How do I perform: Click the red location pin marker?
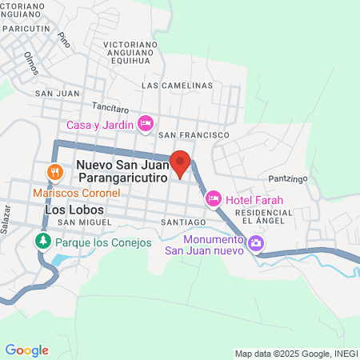[181, 163]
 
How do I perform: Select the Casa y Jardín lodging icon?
[146, 124]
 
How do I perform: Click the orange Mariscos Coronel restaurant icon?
[54, 172]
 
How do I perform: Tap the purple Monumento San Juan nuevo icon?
[256, 242]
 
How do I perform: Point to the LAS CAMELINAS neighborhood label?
[177, 85]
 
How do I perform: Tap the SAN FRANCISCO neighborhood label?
[194, 137]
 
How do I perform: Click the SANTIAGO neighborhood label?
[184, 221]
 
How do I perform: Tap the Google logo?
[26, 350]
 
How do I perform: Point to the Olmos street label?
[33, 62]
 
